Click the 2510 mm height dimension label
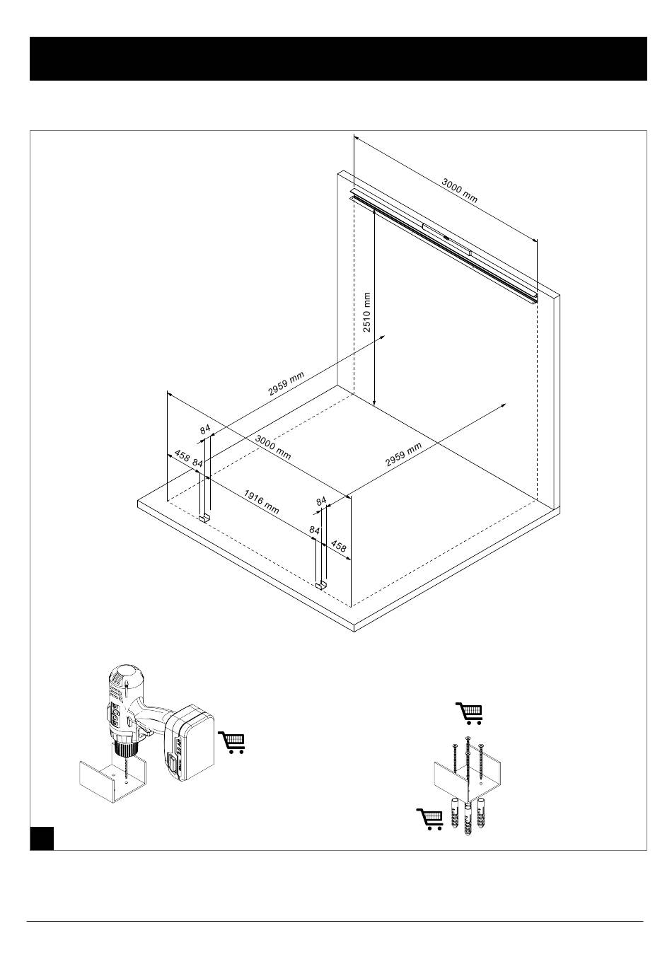[x=367, y=312]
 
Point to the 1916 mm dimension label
[x=262, y=501]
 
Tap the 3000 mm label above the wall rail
[x=460, y=190]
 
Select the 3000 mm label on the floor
[x=273, y=448]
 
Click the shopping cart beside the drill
[x=233, y=742]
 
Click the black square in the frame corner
[x=42, y=837]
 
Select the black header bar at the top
[x=338, y=59]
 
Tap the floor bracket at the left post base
[x=204, y=518]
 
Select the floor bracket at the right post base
[x=321, y=585]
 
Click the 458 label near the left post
[x=182, y=457]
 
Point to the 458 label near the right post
[x=339, y=547]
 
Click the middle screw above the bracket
[x=467, y=760]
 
